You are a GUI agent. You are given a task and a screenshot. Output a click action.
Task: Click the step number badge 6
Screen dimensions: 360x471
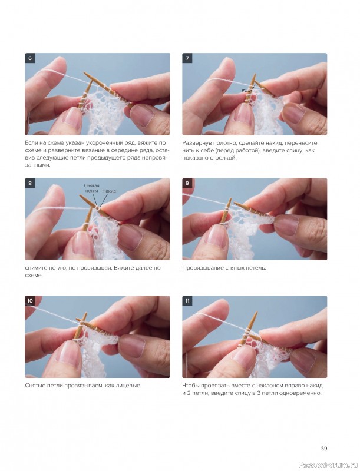tap(29, 58)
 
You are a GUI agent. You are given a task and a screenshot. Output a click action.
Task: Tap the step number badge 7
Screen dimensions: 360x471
tap(187, 58)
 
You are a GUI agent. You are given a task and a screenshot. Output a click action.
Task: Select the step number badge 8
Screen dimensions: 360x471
tap(29, 183)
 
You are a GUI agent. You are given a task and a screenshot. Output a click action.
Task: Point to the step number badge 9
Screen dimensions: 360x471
tap(187, 183)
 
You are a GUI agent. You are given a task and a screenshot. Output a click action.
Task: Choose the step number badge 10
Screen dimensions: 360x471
tap(30, 301)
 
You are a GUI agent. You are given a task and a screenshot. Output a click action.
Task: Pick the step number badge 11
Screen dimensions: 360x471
tap(187, 301)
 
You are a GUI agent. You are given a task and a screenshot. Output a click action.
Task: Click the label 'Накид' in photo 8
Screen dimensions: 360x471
tap(109, 191)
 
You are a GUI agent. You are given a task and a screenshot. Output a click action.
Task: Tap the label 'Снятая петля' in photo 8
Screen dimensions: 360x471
tap(92, 188)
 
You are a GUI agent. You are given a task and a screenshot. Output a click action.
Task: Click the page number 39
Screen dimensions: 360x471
tap(323, 449)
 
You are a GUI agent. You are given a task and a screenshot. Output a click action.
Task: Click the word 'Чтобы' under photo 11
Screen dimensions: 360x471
tap(190, 386)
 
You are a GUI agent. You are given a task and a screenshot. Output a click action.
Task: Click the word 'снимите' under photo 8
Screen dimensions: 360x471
tap(35, 268)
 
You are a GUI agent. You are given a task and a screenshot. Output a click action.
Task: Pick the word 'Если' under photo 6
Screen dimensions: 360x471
tap(31, 143)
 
